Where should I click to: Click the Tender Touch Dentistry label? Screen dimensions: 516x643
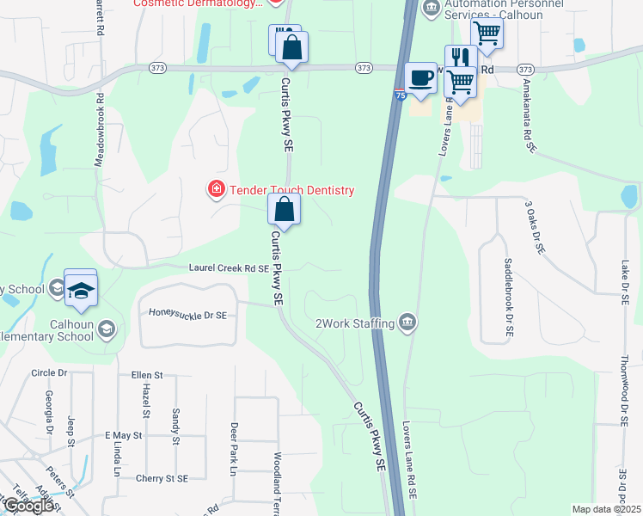tap(291, 190)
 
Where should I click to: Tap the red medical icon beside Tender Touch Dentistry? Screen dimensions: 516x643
tap(216, 188)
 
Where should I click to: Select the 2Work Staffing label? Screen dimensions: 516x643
tap(355, 323)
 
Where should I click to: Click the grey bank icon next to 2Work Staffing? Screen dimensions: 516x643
tap(407, 323)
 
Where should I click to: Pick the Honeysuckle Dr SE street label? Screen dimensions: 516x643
tap(187, 316)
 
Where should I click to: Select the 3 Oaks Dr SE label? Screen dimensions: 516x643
tap(534, 228)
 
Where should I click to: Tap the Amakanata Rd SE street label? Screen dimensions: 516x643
tap(525, 120)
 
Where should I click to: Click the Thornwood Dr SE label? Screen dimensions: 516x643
tap(624, 391)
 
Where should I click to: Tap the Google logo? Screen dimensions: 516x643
tap(28, 506)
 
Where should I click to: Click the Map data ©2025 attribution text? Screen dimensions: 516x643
tap(606, 509)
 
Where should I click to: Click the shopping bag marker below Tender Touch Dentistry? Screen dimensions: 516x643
tap(284, 209)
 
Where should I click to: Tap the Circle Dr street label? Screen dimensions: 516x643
tap(48, 372)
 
